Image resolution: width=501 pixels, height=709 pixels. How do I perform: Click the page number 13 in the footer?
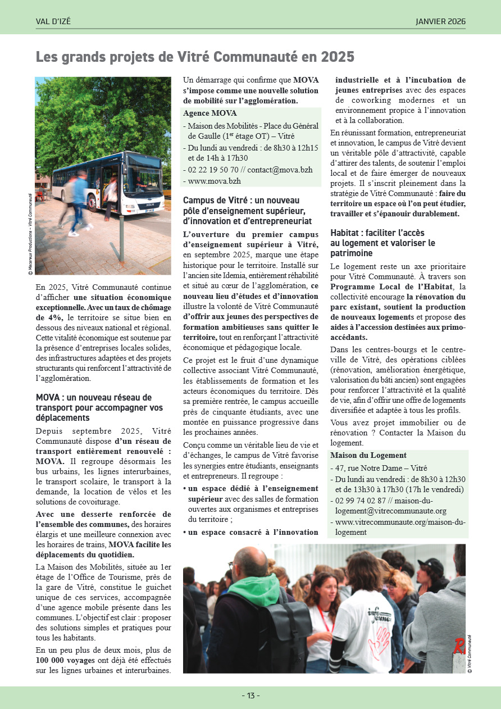[x=250, y=696]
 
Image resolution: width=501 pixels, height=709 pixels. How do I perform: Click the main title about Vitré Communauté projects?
[x=195, y=57]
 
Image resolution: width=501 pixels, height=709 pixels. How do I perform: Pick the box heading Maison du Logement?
[x=368, y=455]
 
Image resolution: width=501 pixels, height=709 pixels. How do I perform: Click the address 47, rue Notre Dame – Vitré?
[x=381, y=468]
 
